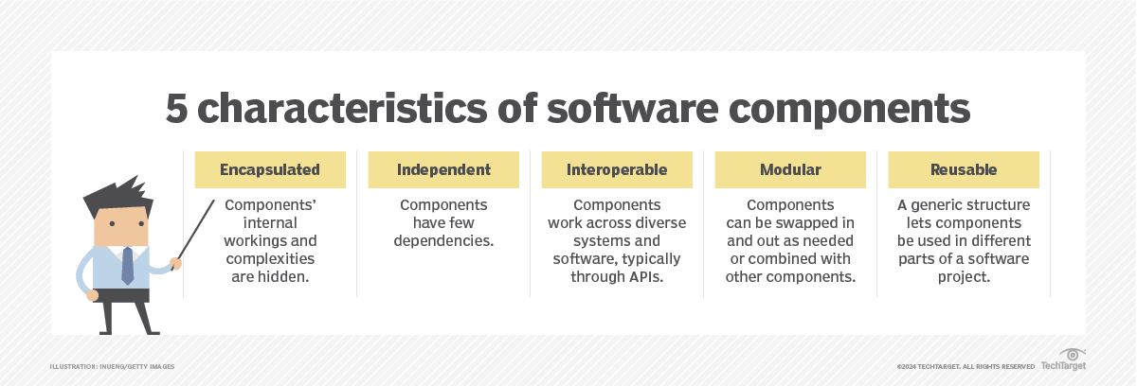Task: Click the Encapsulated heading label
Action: coord(270,170)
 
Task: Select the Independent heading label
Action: coord(443,170)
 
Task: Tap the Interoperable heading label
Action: coord(617,170)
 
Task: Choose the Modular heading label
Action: coord(790,170)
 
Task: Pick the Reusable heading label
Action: coord(964,170)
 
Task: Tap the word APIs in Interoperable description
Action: coord(641,277)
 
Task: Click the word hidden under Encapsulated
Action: coord(287,277)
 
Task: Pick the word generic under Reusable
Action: coord(939,205)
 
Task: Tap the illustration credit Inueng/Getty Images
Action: coord(113,366)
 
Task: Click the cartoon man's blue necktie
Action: coord(127,265)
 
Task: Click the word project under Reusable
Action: coord(963,277)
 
